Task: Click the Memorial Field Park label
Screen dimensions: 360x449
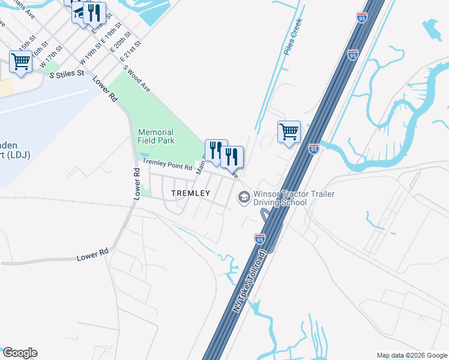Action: click(x=155, y=136)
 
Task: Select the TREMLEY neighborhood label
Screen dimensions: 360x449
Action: click(x=190, y=193)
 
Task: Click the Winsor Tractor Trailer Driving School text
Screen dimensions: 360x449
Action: click(x=294, y=198)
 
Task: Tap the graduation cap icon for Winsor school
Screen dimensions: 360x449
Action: click(x=244, y=196)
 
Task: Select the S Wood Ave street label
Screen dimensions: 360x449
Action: click(x=136, y=78)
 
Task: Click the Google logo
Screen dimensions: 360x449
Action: click(x=19, y=353)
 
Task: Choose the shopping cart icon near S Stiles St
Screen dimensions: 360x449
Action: click(x=21, y=61)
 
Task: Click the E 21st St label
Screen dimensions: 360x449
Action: click(x=130, y=52)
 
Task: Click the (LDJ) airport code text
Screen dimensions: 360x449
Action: click(x=17, y=155)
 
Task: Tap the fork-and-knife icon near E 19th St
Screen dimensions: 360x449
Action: click(x=94, y=13)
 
